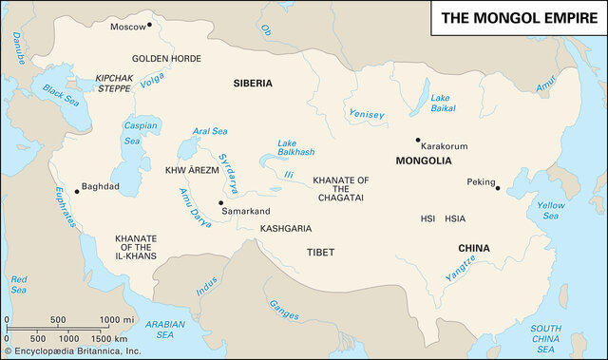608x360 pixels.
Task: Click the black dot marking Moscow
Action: coord(150,27)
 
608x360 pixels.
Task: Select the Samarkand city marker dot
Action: coord(220,202)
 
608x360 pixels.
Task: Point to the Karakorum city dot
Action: coord(416,141)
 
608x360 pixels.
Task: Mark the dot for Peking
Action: coord(497,188)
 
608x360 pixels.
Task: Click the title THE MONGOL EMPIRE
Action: coord(518,18)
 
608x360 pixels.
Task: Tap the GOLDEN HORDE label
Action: coord(166,58)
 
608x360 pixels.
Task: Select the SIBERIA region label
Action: coord(253,84)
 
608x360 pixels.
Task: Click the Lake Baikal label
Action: coord(442,104)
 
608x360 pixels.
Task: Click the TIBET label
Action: coord(320,252)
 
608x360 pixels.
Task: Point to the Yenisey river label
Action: coord(367,115)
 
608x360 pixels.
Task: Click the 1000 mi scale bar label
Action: coord(116,320)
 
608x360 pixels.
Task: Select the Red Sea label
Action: coord(19,284)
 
